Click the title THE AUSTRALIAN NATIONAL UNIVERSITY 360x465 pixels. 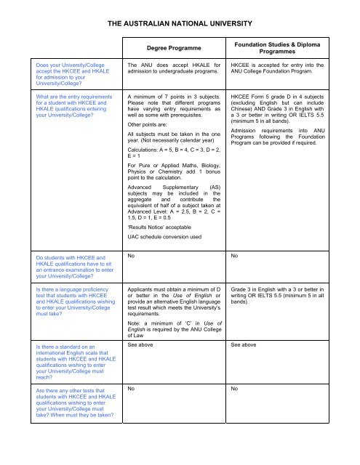click(x=180, y=24)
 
